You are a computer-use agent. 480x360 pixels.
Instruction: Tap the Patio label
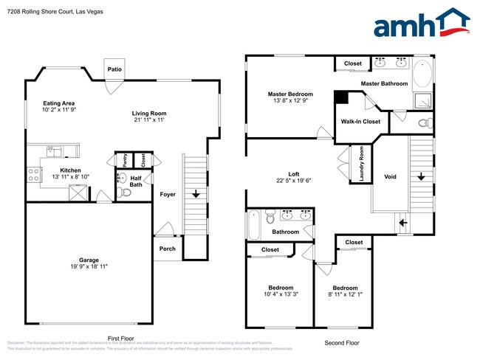(x=114, y=69)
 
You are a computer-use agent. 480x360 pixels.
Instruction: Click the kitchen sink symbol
(x=53, y=151)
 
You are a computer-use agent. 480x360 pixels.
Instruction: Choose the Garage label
(x=89, y=260)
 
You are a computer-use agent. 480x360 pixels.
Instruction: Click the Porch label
(x=168, y=249)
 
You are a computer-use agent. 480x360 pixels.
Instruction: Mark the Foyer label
(x=168, y=194)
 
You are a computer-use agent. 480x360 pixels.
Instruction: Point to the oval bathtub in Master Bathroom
(x=424, y=75)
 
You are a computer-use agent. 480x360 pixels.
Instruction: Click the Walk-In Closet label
(x=360, y=122)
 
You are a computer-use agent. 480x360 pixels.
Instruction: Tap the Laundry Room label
(x=361, y=164)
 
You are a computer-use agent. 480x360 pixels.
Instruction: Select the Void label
(x=390, y=177)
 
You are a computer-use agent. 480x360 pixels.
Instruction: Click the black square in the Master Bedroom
(x=341, y=98)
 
